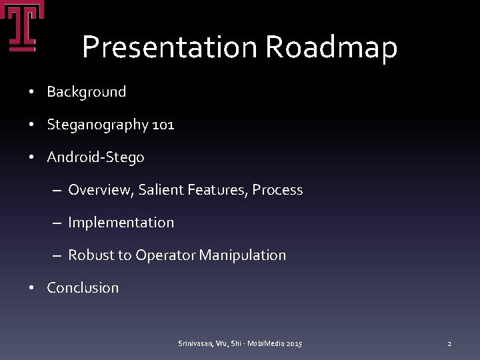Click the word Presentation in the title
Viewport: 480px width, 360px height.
(169, 47)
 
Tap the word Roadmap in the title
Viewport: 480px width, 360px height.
(331, 47)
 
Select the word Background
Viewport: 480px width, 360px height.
(86, 92)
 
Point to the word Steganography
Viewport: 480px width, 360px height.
(97, 125)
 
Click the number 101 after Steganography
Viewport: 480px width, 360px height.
(163, 125)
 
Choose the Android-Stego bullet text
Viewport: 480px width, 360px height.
(95, 157)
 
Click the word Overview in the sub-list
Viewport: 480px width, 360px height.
(101, 190)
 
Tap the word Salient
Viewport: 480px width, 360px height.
(161, 190)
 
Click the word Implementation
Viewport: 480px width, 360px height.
(121, 223)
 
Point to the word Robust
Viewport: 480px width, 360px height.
(91, 255)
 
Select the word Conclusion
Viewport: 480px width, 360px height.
(83, 288)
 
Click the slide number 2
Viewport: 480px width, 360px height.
(449, 343)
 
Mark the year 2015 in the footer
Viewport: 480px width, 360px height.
(293, 343)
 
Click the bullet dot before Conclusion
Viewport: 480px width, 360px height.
(32, 288)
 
